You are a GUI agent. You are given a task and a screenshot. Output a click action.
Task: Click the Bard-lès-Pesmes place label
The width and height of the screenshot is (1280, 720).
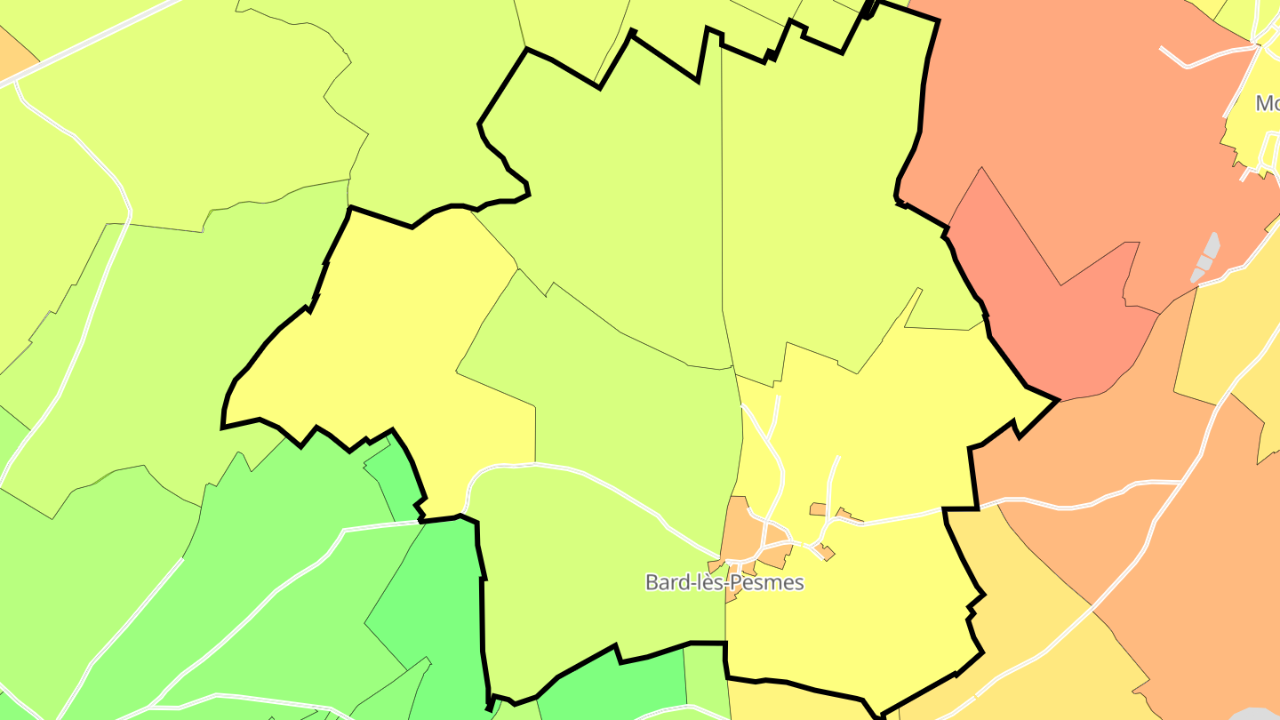[724, 583]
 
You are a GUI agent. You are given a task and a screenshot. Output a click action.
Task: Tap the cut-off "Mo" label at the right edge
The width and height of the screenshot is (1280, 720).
[1267, 104]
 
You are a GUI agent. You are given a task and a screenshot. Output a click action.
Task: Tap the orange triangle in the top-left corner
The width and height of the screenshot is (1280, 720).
[12, 53]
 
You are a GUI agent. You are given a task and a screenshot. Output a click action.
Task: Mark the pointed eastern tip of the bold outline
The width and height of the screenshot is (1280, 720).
[1057, 400]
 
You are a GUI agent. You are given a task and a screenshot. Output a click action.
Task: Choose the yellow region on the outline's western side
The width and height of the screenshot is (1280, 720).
[391, 338]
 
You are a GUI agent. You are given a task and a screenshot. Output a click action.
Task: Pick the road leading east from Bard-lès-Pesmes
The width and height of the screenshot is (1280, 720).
[898, 517]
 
